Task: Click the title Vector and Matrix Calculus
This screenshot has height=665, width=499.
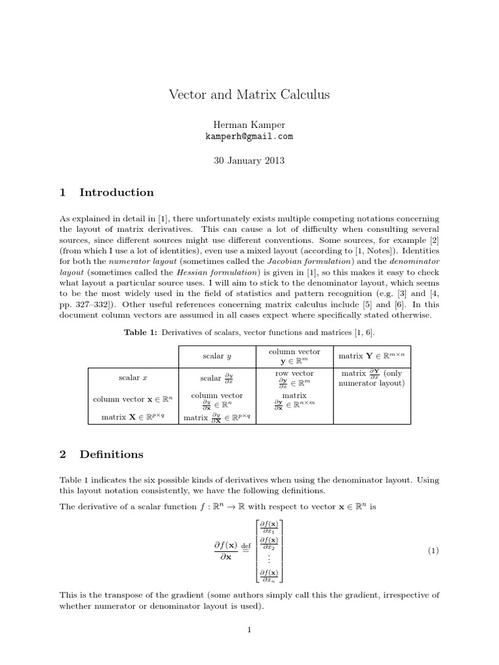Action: (x=249, y=95)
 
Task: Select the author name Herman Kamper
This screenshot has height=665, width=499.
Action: (x=249, y=125)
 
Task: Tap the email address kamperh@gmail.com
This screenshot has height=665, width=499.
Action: (x=249, y=136)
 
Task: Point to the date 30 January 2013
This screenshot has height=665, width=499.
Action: (x=249, y=160)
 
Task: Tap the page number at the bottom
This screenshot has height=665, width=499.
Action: (x=249, y=629)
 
